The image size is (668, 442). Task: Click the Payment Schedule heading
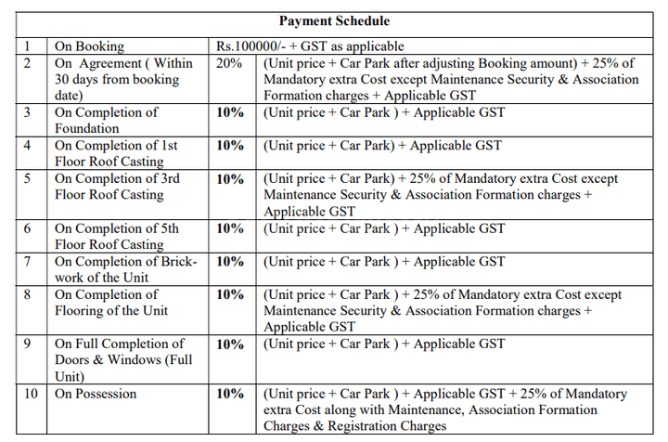(x=335, y=20)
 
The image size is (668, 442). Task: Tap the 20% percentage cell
(x=228, y=63)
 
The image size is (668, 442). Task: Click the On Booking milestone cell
(x=89, y=46)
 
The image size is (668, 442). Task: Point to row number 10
(x=31, y=394)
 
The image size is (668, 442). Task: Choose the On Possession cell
(x=96, y=394)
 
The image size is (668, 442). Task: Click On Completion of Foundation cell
(x=106, y=120)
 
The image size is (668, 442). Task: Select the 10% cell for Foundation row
(x=230, y=112)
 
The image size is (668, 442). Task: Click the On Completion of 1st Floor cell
(x=116, y=153)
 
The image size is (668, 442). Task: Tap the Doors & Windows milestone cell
(x=119, y=360)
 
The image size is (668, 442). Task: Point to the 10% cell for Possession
(x=230, y=394)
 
